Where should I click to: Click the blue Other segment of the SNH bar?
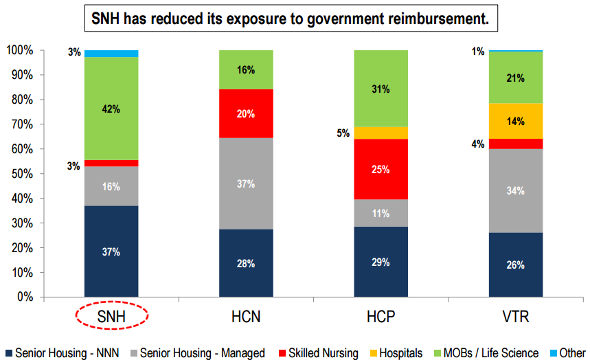point(111,54)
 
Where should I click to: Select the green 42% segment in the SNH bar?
point(111,109)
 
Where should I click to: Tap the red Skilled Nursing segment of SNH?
point(111,164)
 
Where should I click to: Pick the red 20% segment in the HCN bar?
point(246,113)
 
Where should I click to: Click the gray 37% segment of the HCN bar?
point(246,183)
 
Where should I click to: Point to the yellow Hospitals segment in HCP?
point(381,133)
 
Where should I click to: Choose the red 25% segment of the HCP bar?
point(381,169)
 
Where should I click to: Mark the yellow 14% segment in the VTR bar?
point(516,121)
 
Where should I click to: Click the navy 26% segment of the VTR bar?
point(516,265)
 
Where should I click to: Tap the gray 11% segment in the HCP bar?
point(381,213)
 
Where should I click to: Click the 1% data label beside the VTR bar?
point(478,52)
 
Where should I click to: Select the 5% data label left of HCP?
point(343,133)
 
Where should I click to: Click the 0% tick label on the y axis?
point(25,297)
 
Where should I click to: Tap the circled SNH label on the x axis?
point(111,316)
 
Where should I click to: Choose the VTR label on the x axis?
point(516,316)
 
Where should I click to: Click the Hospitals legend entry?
point(396,353)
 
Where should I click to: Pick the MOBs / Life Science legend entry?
point(486,353)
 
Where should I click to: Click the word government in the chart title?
point(343,19)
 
